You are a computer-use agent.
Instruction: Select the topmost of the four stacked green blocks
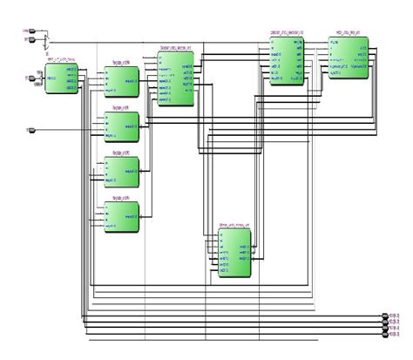click(118, 82)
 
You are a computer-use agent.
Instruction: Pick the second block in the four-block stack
click(118, 126)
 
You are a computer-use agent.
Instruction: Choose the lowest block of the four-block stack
click(118, 214)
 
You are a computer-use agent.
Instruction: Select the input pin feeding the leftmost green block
click(31, 80)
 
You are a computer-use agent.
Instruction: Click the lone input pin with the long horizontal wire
click(31, 131)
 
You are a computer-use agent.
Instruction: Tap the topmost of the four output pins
click(386, 315)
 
